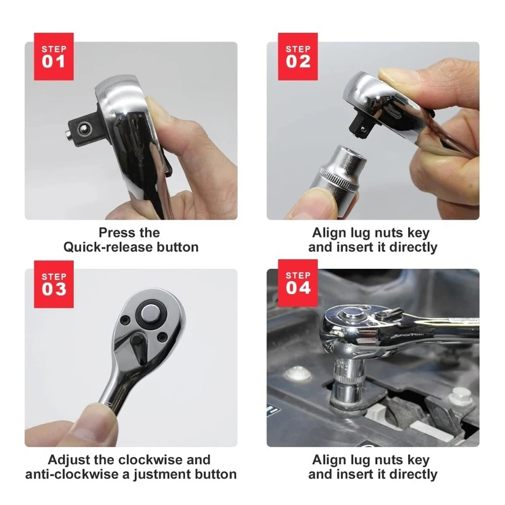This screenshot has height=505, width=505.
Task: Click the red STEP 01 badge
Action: (54, 57)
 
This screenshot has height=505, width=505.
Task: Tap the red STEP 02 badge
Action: (298, 57)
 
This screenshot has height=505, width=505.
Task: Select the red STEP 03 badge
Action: (54, 284)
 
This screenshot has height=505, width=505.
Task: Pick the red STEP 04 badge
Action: (298, 283)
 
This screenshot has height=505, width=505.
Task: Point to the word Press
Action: (112, 233)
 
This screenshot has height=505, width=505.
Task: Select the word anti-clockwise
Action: (72, 474)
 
